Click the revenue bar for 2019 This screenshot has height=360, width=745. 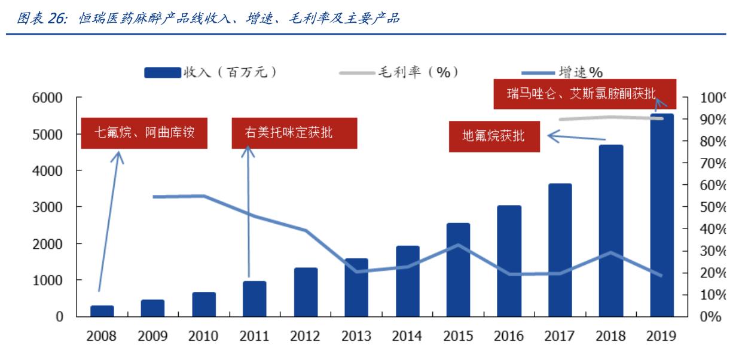[x=662, y=215]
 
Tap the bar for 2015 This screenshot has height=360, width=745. [x=458, y=270]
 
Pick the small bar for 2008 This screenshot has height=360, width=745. [x=102, y=311]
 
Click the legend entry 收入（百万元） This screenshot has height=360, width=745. [x=210, y=72]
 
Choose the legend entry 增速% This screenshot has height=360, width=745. [x=562, y=72]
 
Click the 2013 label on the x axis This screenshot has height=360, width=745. [x=356, y=336]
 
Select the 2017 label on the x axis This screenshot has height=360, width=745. [x=560, y=336]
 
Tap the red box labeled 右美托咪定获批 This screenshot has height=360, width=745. [x=294, y=133]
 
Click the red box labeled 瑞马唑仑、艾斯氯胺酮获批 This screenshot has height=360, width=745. [x=584, y=94]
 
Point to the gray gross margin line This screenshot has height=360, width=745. [x=610, y=118]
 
